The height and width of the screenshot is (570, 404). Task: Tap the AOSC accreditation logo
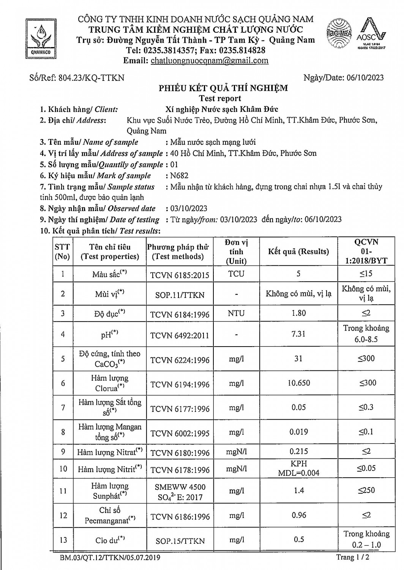pos(371,35)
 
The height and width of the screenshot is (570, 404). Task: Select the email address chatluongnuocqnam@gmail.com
pos(210,60)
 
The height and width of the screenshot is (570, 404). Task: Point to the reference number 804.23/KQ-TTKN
pos(91,78)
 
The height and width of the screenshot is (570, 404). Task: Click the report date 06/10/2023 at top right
pos(365,78)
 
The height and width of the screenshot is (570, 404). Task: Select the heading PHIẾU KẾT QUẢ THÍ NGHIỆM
pos(223,88)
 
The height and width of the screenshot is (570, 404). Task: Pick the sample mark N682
pos(179,176)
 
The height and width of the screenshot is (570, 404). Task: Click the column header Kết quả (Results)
pos(298,252)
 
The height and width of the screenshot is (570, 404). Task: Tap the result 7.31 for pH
pos(298,334)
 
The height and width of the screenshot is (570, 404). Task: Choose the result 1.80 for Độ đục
pos(298,313)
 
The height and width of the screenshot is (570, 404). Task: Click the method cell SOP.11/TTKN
pos(180,295)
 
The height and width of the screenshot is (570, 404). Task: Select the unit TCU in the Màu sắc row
pos(236,274)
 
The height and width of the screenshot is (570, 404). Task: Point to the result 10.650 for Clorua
pos(298,383)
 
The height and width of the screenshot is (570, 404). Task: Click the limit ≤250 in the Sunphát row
pos(366,491)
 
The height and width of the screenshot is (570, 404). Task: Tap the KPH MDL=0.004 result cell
pos(298,469)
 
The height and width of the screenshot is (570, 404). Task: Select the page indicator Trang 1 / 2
pos(352,557)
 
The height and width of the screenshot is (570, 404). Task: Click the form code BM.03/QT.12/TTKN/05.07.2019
pos(110,558)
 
